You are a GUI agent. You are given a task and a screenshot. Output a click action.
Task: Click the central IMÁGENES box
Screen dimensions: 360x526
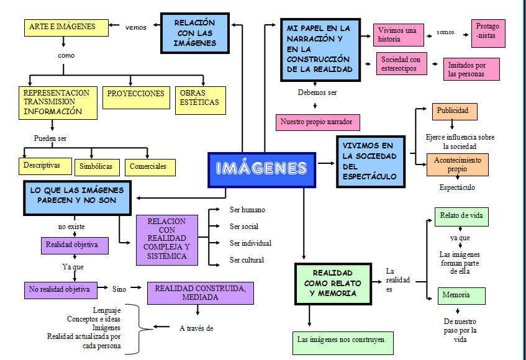click(261, 169)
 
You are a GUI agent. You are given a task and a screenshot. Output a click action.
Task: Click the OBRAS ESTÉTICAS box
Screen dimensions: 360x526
click(199, 99)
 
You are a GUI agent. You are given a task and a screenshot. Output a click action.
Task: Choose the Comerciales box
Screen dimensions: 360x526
click(149, 166)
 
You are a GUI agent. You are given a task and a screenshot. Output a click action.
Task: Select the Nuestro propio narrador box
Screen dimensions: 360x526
click(317, 122)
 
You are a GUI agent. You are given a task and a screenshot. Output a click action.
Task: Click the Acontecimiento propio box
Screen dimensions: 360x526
click(457, 164)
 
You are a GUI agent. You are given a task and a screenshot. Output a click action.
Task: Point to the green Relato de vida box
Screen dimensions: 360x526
click(461, 217)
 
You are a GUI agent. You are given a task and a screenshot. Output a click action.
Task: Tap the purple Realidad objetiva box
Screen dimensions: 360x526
click(75, 245)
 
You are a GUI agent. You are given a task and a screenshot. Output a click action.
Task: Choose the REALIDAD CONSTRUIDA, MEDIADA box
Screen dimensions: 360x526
click(200, 293)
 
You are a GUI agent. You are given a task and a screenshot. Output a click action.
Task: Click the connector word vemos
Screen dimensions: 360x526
click(135, 27)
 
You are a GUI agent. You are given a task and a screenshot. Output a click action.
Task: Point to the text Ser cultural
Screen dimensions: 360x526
click(247, 260)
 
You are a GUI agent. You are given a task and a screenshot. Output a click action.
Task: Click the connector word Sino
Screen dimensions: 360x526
click(119, 289)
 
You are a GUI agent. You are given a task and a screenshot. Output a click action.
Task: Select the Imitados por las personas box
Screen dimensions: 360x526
click(471, 69)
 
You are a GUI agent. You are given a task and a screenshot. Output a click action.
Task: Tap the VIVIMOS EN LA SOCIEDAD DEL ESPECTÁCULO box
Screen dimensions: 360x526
click(370, 161)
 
